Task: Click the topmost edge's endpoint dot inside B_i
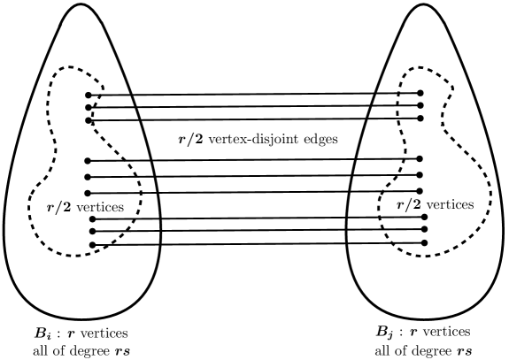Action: [x=89, y=95]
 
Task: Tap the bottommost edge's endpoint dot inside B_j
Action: [x=425, y=242]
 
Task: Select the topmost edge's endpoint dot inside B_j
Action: [x=420, y=92]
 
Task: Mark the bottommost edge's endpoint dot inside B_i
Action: [x=91, y=244]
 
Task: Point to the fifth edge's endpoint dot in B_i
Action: [x=89, y=177]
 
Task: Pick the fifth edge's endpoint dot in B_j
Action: [x=420, y=175]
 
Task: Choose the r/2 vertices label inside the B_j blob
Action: [x=435, y=204]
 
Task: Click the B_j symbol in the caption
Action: [x=387, y=334]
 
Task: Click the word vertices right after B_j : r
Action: [x=453, y=334]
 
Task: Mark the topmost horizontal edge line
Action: [x=254, y=94]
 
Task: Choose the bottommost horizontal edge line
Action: [x=258, y=243]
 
